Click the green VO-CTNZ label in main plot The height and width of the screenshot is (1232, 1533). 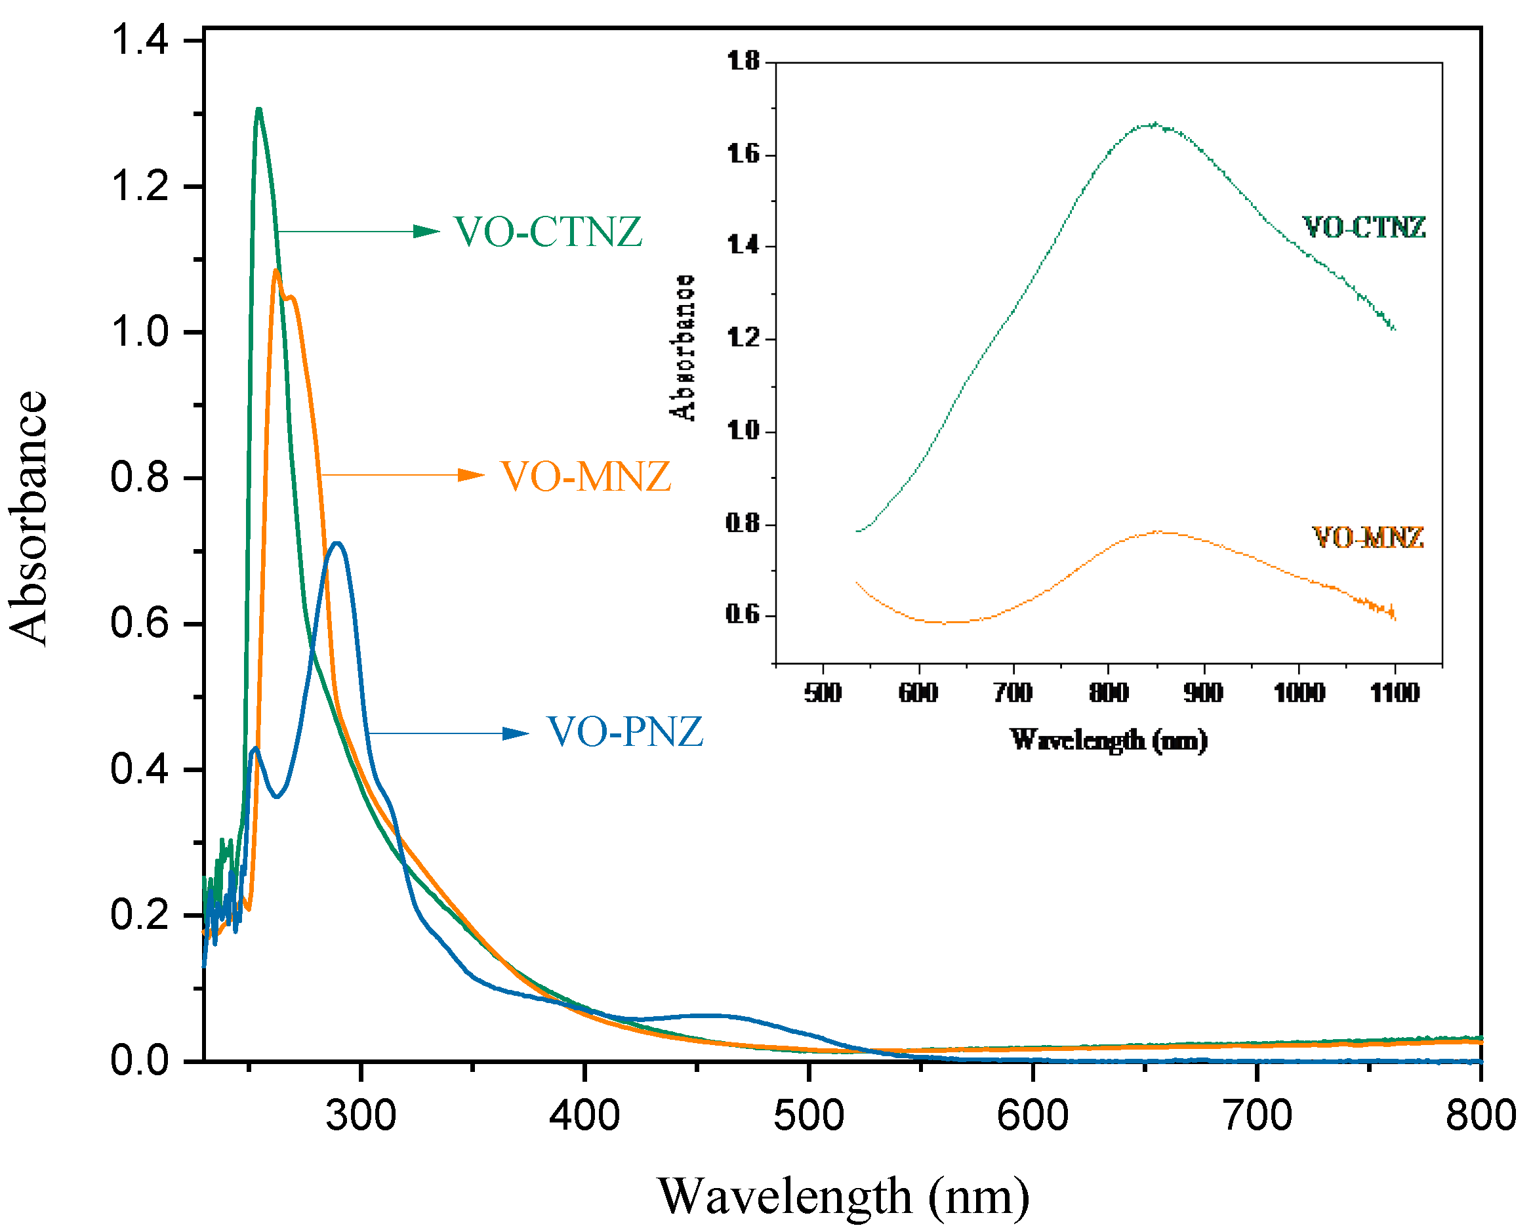(x=548, y=232)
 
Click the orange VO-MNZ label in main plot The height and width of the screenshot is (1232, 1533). (x=586, y=476)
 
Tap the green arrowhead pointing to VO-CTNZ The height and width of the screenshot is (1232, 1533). (x=427, y=231)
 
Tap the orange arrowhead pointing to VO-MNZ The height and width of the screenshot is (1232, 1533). (x=472, y=475)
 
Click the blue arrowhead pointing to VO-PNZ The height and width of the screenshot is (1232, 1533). (x=516, y=733)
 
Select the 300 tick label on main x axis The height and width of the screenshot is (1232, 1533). (x=361, y=1115)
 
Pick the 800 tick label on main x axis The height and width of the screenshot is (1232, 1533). (x=1482, y=1115)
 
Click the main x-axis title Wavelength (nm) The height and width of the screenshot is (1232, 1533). (x=844, y=1197)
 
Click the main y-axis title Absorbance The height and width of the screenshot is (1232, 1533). (x=28, y=519)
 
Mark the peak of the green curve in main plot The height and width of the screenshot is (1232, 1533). (x=259, y=110)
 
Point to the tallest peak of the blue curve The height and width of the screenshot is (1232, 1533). (x=338, y=544)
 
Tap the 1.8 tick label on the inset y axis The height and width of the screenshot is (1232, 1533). (x=743, y=61)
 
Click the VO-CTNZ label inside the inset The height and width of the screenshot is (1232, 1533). (x=1364, y=228)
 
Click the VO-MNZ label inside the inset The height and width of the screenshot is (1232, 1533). (x=1367, y=537)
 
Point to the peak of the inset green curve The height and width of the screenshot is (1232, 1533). (x=1155, y=125)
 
